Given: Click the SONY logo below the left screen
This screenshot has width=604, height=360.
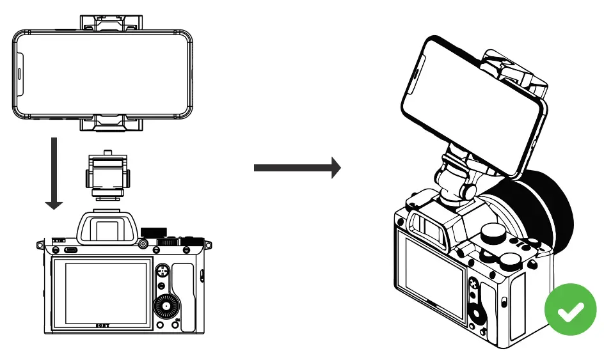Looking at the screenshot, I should point(102,325).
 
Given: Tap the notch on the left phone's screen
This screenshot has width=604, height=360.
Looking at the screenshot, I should point(19,74).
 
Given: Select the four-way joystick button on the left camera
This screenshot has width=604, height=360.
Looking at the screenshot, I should point(163,272).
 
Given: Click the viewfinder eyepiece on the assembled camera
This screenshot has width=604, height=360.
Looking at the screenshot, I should point(427,224).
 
